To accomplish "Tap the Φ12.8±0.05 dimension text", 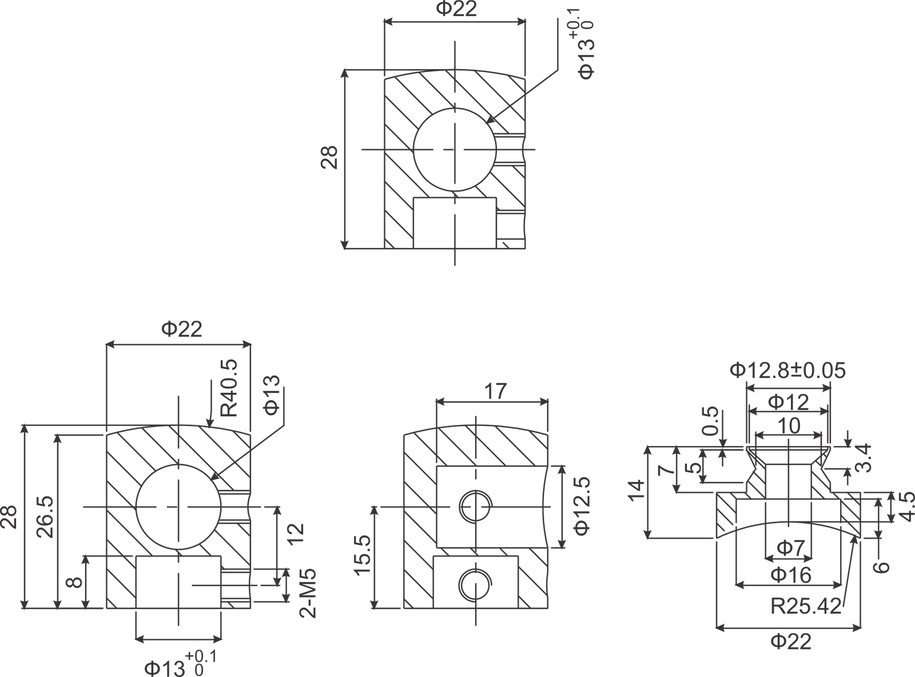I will [788, 371].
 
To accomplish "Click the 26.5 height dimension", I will [46, 516].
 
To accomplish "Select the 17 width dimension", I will [495, 392].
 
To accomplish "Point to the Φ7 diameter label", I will [790, 549].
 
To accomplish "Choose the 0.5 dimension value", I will [710, 421].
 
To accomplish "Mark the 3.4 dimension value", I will [864, 457].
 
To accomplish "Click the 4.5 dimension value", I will [905, 505].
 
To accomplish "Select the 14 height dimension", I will [636, 491].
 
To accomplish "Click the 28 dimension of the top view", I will [330, 157].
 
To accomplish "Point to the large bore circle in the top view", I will [455, 149].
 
